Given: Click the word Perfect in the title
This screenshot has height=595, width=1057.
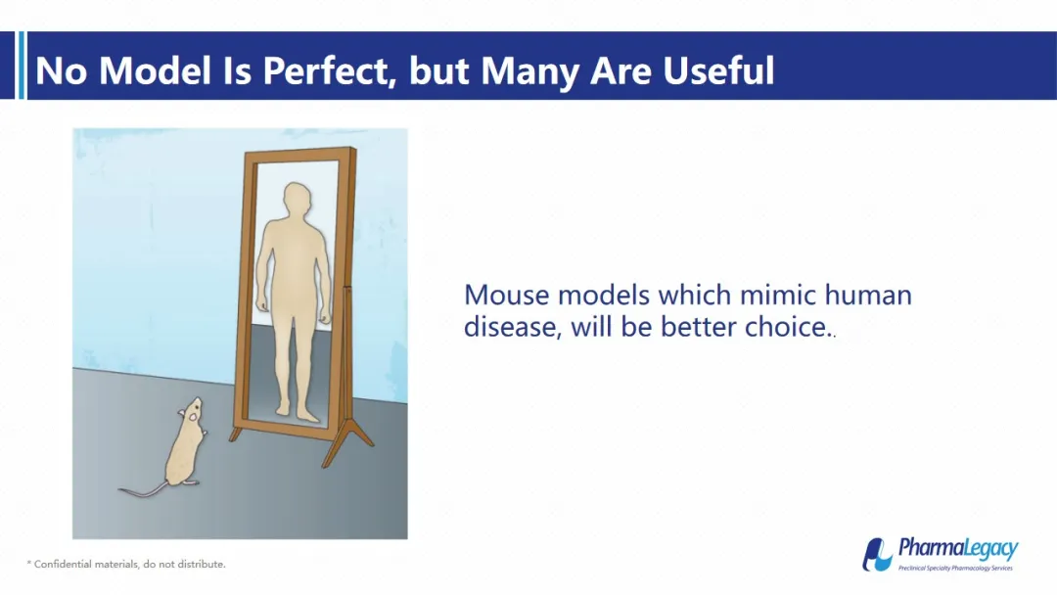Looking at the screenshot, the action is coord(328,70).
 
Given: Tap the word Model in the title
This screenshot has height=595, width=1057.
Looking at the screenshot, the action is coord(155,70).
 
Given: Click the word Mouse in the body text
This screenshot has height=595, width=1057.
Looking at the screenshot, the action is coord(506,296).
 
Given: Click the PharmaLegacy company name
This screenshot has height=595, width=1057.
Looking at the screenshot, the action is coord(958,548).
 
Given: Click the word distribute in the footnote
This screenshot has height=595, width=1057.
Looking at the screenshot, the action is coord(201,564).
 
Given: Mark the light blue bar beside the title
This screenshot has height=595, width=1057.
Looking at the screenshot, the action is coord(22,66).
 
